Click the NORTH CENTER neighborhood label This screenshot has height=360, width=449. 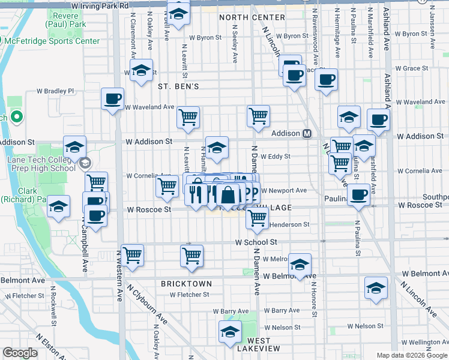tap(252, 17)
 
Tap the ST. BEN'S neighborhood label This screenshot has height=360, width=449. tap(178, 86)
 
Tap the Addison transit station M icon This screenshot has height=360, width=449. tap(307, 133)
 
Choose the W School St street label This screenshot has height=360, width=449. tap(256, 242)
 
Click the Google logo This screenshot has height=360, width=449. tap(20, 353)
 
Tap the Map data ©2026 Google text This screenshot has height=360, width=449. tap(412, 355)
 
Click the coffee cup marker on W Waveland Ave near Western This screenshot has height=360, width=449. tap(112, 100)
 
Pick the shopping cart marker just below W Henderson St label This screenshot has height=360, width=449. tap(257, 220)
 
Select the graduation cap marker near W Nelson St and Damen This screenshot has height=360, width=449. tap(230, 332)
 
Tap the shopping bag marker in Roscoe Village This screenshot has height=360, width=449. tap(229, 196)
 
